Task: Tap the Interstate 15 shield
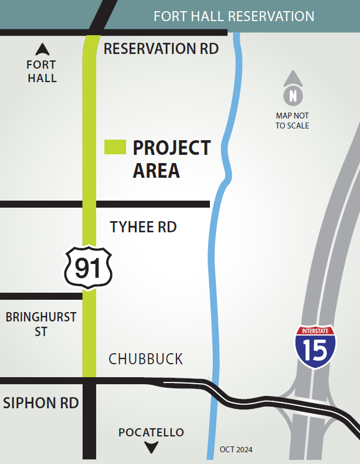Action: (315, 347)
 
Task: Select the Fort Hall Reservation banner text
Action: (233, 16)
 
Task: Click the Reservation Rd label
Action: (161, 49)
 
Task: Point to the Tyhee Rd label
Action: (143, 227)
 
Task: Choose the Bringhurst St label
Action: (41, 324)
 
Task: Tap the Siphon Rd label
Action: (41, 403)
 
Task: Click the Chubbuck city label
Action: (146, 359)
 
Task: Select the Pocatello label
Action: (151, 433)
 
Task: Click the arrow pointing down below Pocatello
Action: (152, 448)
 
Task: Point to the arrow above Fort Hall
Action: (42, 49)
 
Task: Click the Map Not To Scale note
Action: (292, 121)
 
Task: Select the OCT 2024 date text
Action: (236, 450)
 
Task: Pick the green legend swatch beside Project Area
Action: (115, 147)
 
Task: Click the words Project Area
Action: (171, 158)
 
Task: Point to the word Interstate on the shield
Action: (315, 331)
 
